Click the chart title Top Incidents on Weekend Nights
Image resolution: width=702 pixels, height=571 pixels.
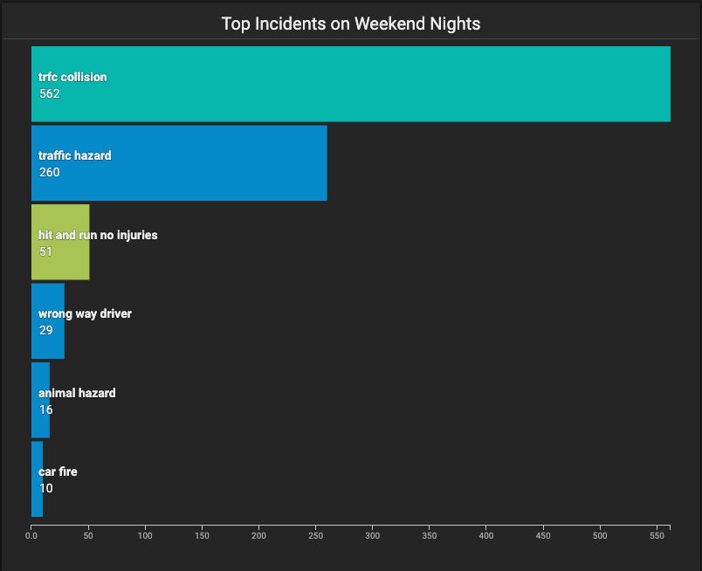[350, 24]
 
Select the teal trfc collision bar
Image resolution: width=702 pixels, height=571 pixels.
[350, 84]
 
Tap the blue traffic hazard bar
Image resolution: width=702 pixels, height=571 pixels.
[179, 163]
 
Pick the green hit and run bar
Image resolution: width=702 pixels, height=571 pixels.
[60, 243]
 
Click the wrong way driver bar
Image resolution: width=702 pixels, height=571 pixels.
[48, 321]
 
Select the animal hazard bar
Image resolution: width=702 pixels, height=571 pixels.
[40, 400]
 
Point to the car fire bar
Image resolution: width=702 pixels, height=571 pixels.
[38, 479]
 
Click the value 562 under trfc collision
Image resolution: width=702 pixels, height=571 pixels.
[49, 93]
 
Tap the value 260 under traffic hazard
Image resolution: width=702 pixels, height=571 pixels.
[49, 172]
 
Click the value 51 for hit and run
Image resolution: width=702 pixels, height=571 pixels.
[45, 251]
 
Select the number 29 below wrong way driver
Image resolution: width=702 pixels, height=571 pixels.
[45, 331]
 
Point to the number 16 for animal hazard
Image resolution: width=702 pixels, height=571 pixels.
[45, 409]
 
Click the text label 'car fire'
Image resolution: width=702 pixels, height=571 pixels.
[58, 471]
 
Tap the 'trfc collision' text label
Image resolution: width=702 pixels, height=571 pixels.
[72, 77]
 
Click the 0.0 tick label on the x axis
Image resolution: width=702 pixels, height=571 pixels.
[31, 535]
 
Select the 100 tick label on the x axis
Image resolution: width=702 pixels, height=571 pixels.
[145, 535]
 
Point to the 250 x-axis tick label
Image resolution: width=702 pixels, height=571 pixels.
[315, 535]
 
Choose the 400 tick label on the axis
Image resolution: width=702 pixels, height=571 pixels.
[486, 535]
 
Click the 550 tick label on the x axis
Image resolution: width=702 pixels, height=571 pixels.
[657, 535]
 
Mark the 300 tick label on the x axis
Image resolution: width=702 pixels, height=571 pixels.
[373, 535]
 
